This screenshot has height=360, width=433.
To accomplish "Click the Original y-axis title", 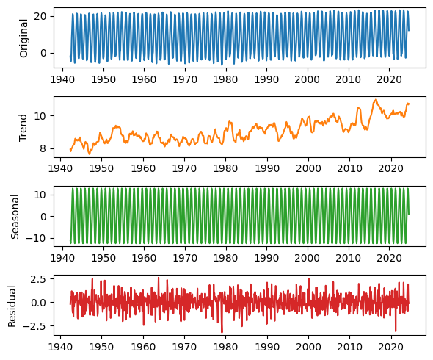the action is [23, 38].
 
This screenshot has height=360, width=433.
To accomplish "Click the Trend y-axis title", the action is [23, 128].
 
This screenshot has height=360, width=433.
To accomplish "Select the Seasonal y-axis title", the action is [15, 217].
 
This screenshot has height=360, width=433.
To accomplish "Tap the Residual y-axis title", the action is [12, 306].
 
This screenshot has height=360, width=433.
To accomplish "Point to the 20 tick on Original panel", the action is [40, 16].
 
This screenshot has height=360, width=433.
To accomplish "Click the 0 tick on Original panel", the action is [43, 53].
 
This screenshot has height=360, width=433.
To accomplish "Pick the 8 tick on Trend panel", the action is [43, 148].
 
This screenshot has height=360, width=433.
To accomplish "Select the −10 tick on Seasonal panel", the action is [36, 238].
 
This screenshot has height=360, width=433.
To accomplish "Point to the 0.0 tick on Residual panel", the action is [38, 303].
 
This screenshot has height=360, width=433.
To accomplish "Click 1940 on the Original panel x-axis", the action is [62, 79].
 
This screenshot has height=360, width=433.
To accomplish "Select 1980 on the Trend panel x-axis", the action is [225, 169].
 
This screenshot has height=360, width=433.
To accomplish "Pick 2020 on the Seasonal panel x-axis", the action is [389, 259].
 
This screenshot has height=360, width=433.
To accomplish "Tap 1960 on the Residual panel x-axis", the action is [143, 348].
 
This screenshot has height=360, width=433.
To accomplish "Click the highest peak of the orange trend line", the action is [376, 99].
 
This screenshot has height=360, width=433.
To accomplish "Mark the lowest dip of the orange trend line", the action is [89, 154].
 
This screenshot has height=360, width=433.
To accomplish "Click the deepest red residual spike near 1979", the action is [222, 332].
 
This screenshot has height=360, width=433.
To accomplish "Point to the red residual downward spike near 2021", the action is [396, 331].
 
